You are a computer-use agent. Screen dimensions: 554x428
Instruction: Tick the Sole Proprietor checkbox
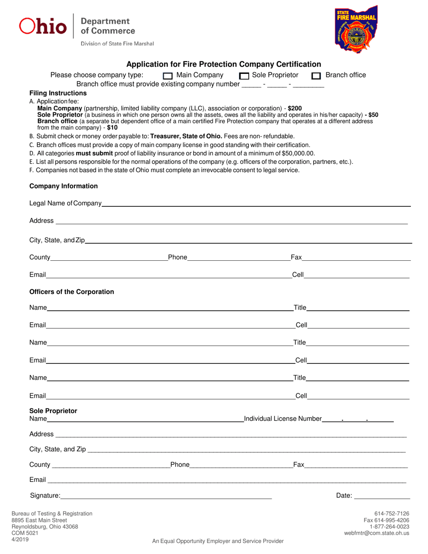coord(244,76)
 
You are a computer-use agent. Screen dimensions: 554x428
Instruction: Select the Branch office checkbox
coord(316,76)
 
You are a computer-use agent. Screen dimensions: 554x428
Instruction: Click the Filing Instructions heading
coord(58,93)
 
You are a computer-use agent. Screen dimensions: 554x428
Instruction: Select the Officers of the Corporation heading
coord(72,292)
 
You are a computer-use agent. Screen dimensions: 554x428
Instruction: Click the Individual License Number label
coord(283,419)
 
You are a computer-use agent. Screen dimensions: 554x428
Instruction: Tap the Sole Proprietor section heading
coord(53,411)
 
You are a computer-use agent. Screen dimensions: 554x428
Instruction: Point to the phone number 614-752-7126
coord(392,513)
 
